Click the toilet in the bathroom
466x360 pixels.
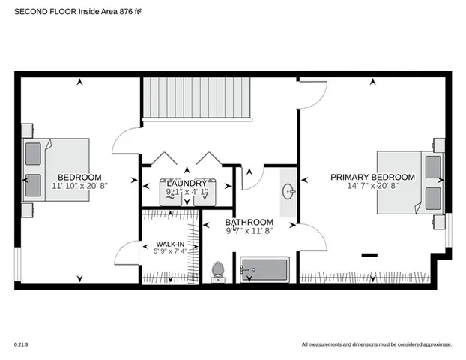pyautogui.click(x=219, y=271)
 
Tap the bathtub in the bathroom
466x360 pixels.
pyautogui.click(x=264, y=270)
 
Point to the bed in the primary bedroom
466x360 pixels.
pyautogui.click(x=410, y=179)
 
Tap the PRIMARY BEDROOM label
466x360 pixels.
pyautogui.click(x=372, y=176)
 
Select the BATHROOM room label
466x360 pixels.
pyautogui.click(x=249, y=223)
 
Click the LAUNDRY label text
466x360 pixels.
pyautogui.click(x=187, y=183)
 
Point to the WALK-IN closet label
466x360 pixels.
pyautogui.click(x=170, y=244)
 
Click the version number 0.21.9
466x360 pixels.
pyautogui.click(x=20, y=344)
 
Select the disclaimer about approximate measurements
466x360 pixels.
pyautogui.click(x=377, y=344)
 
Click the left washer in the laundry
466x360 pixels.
pyautogui.click(x=178, y=193)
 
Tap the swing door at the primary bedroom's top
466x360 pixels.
pyautogui.click(x=313, y=93)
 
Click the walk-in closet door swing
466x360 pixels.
pyautogui.click(x=127, y=252)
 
